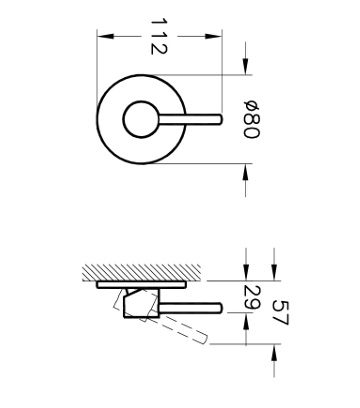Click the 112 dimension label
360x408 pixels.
click(158, 36)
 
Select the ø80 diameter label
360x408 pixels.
click(251, 119)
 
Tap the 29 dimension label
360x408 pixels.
click(252, 297)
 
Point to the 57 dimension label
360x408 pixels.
click(280, 313)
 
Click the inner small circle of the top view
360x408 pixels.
click(123, 119)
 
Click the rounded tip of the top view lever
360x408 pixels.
click(220, 119)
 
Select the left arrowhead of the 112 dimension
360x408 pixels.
click(105, 36)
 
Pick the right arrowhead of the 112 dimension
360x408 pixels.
click(213, 36)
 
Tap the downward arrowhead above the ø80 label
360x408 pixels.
click(246, 66)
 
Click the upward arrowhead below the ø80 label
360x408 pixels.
click(246, 172)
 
